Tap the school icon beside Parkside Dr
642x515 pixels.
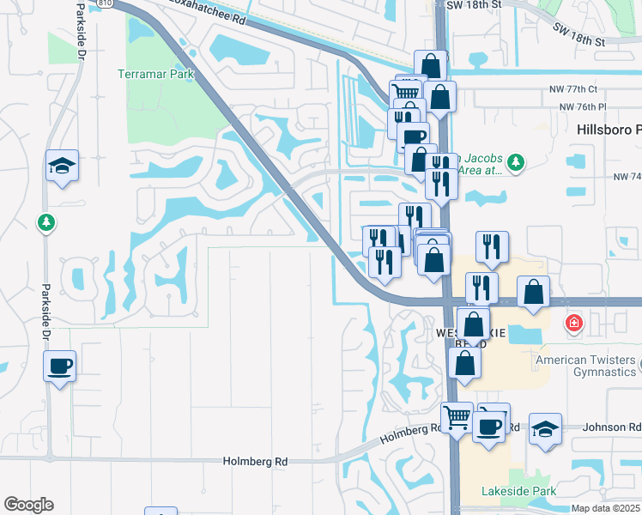62,165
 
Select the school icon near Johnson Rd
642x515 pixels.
544,428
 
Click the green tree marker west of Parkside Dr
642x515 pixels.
46,223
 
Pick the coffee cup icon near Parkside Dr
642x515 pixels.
60,367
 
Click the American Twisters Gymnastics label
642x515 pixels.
586,366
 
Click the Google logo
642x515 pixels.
28,505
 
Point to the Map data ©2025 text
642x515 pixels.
605,508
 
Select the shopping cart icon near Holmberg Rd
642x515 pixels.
457,418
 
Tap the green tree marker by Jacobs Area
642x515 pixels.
515,161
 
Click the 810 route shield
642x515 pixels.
105,3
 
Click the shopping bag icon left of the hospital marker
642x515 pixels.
533,292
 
